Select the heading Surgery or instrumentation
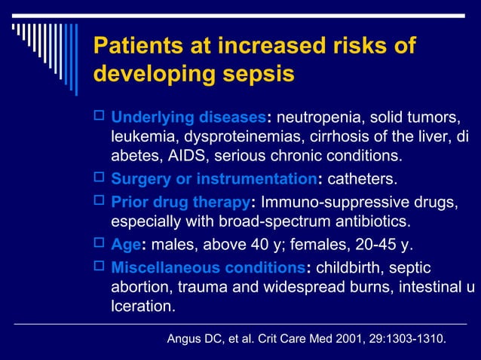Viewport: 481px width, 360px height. click(x=214, y=180)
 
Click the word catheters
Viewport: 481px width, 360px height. click(x=361, y=180)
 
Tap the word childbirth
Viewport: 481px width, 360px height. click(x=351, y=269)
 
